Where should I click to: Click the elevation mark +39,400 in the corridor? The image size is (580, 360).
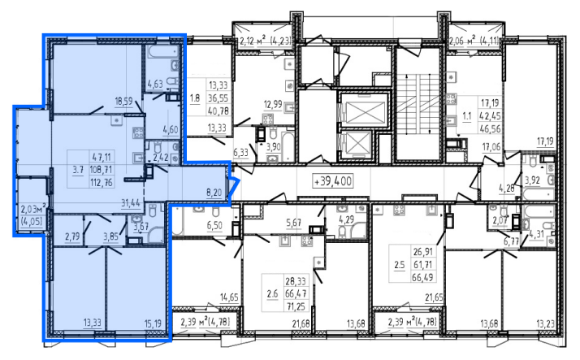tap(332, 181)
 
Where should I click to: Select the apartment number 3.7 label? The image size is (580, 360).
tap(78, 170)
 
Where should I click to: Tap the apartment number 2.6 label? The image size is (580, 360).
tap(272, 294)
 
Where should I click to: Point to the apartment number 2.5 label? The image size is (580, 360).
tap(400, 265)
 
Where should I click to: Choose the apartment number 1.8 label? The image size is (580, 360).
tap(195, 98)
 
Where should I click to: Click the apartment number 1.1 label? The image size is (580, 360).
tap(467, 116)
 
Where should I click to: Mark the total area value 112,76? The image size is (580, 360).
tap(102, 182)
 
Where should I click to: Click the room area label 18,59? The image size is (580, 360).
tap(124, 101)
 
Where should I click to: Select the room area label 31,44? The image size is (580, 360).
tap(131, 202)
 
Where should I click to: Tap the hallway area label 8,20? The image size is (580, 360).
tap(214, 192)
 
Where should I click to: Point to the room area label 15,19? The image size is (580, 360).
tap(153, 323)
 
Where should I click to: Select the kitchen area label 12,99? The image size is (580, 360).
tap(273, 105)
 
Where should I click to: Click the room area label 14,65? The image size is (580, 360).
tap(229, 297)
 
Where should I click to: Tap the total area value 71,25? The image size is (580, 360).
tap(296, 306)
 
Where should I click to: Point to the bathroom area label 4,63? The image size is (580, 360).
tap(155, 84)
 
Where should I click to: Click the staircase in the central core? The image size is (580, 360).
tap(418, 105)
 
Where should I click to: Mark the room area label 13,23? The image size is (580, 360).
tap(545, 324)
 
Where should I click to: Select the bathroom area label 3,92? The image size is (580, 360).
tap(532, 181)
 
